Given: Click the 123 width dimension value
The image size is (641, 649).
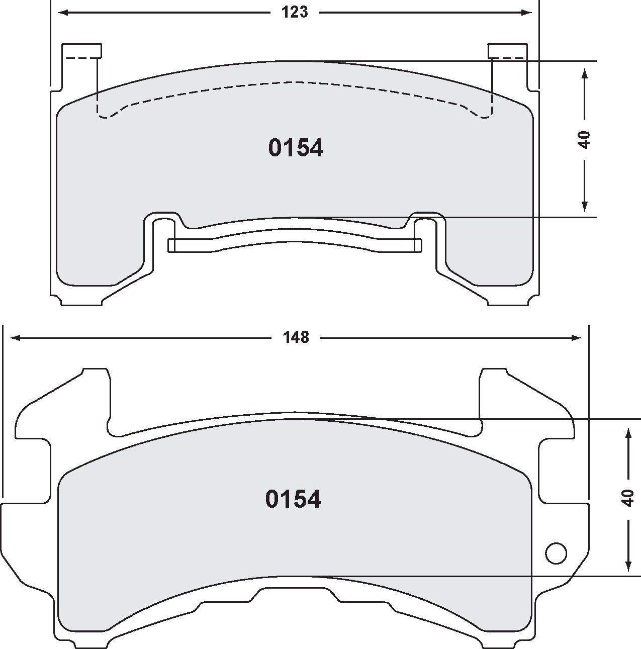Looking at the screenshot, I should [x=295, y=13].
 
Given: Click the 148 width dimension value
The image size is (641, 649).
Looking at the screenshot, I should [x=296, y=337].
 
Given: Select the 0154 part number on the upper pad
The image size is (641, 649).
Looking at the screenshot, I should [x=296, y=148].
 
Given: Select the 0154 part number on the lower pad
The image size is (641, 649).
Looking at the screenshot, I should [x=293, y=499].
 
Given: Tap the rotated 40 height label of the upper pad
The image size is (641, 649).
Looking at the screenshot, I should [x=584, y=139].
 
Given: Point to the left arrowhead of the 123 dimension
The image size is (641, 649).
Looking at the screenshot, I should [x=59, y=13].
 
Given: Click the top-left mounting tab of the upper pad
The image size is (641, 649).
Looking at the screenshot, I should [x=81, y=51].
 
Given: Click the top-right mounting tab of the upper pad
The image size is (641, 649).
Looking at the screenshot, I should [x=508, y=51].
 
